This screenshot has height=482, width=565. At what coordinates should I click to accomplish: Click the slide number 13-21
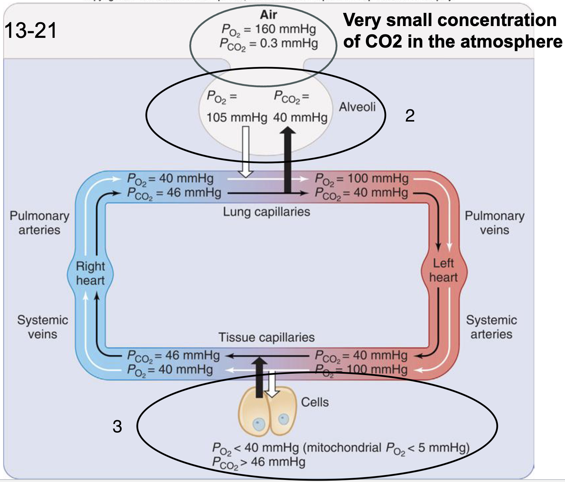(x=31, y=30)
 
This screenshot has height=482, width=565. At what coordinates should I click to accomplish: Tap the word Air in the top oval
(x=268, y=15)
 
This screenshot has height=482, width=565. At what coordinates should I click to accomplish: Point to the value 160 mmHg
(x=285, y=29)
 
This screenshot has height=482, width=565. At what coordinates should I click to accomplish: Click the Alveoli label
(x=357, y=107)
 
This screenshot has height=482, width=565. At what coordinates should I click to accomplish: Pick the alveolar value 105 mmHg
(x=237, y=117)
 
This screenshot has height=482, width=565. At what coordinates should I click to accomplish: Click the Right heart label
(x=90, y=273)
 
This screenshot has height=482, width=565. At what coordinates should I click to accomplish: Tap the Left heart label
(x=443, y=270)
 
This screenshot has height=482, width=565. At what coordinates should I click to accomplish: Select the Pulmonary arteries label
(x=39, y=223)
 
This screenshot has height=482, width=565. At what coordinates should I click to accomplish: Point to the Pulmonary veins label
(x=494, y=223)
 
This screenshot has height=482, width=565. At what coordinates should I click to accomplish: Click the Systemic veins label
(x=42, y=327)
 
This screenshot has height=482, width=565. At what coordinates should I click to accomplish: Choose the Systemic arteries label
(x=491, y=327)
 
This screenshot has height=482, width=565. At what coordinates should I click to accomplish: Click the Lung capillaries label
(x=267, y=211)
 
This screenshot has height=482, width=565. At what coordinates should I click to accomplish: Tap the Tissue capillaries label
(x=267, y=337)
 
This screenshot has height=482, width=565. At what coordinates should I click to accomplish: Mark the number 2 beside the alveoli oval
(x=410, y=116)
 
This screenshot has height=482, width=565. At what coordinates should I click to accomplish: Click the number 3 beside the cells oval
(x=117, y=426)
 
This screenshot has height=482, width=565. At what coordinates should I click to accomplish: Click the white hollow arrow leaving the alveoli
(x=246, y=153)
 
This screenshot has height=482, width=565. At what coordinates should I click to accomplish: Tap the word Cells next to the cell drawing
(x=314, y=402)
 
